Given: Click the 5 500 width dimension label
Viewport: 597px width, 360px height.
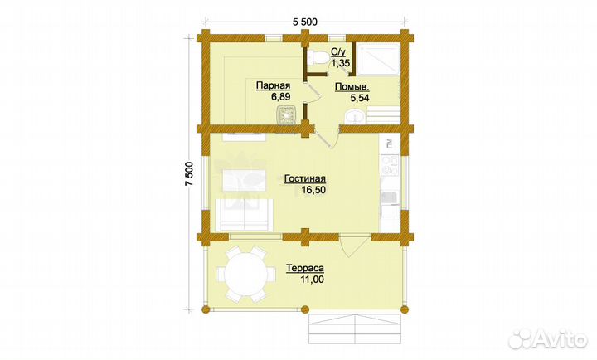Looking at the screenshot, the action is (304, 22).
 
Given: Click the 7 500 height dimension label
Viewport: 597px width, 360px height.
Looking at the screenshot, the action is (189, 173).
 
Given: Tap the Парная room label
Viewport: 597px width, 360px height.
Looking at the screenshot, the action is (273, 85).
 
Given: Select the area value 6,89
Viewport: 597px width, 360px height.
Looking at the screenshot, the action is (280, 97).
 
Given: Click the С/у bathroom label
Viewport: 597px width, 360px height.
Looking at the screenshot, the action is (338, 51).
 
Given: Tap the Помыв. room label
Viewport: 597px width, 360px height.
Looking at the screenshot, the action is (352, 87).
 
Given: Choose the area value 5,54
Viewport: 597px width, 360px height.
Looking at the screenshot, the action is (359, 98).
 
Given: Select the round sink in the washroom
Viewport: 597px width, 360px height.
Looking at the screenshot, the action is (355, 117).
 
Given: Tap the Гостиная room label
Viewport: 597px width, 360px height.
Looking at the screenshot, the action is (304, 178).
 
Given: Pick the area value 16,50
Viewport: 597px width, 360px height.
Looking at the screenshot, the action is (313, 190).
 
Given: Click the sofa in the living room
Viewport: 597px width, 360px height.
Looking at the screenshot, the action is (244, 215).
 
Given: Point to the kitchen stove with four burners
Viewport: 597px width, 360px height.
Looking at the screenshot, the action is (390, 165).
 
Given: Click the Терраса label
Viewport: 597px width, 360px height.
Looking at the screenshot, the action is (305, 268).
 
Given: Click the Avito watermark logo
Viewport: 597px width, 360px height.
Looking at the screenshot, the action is (548, 338).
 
